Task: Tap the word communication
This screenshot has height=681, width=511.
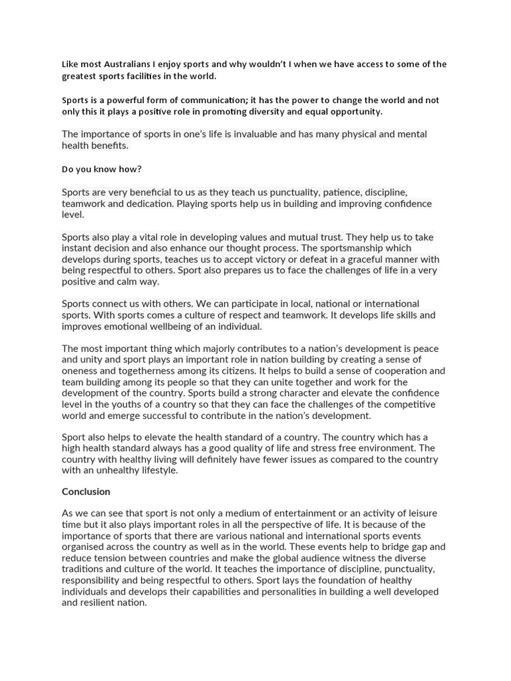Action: [195, 100]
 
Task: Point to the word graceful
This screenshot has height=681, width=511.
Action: [354, 259]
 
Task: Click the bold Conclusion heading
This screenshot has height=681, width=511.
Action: [86, 491]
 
